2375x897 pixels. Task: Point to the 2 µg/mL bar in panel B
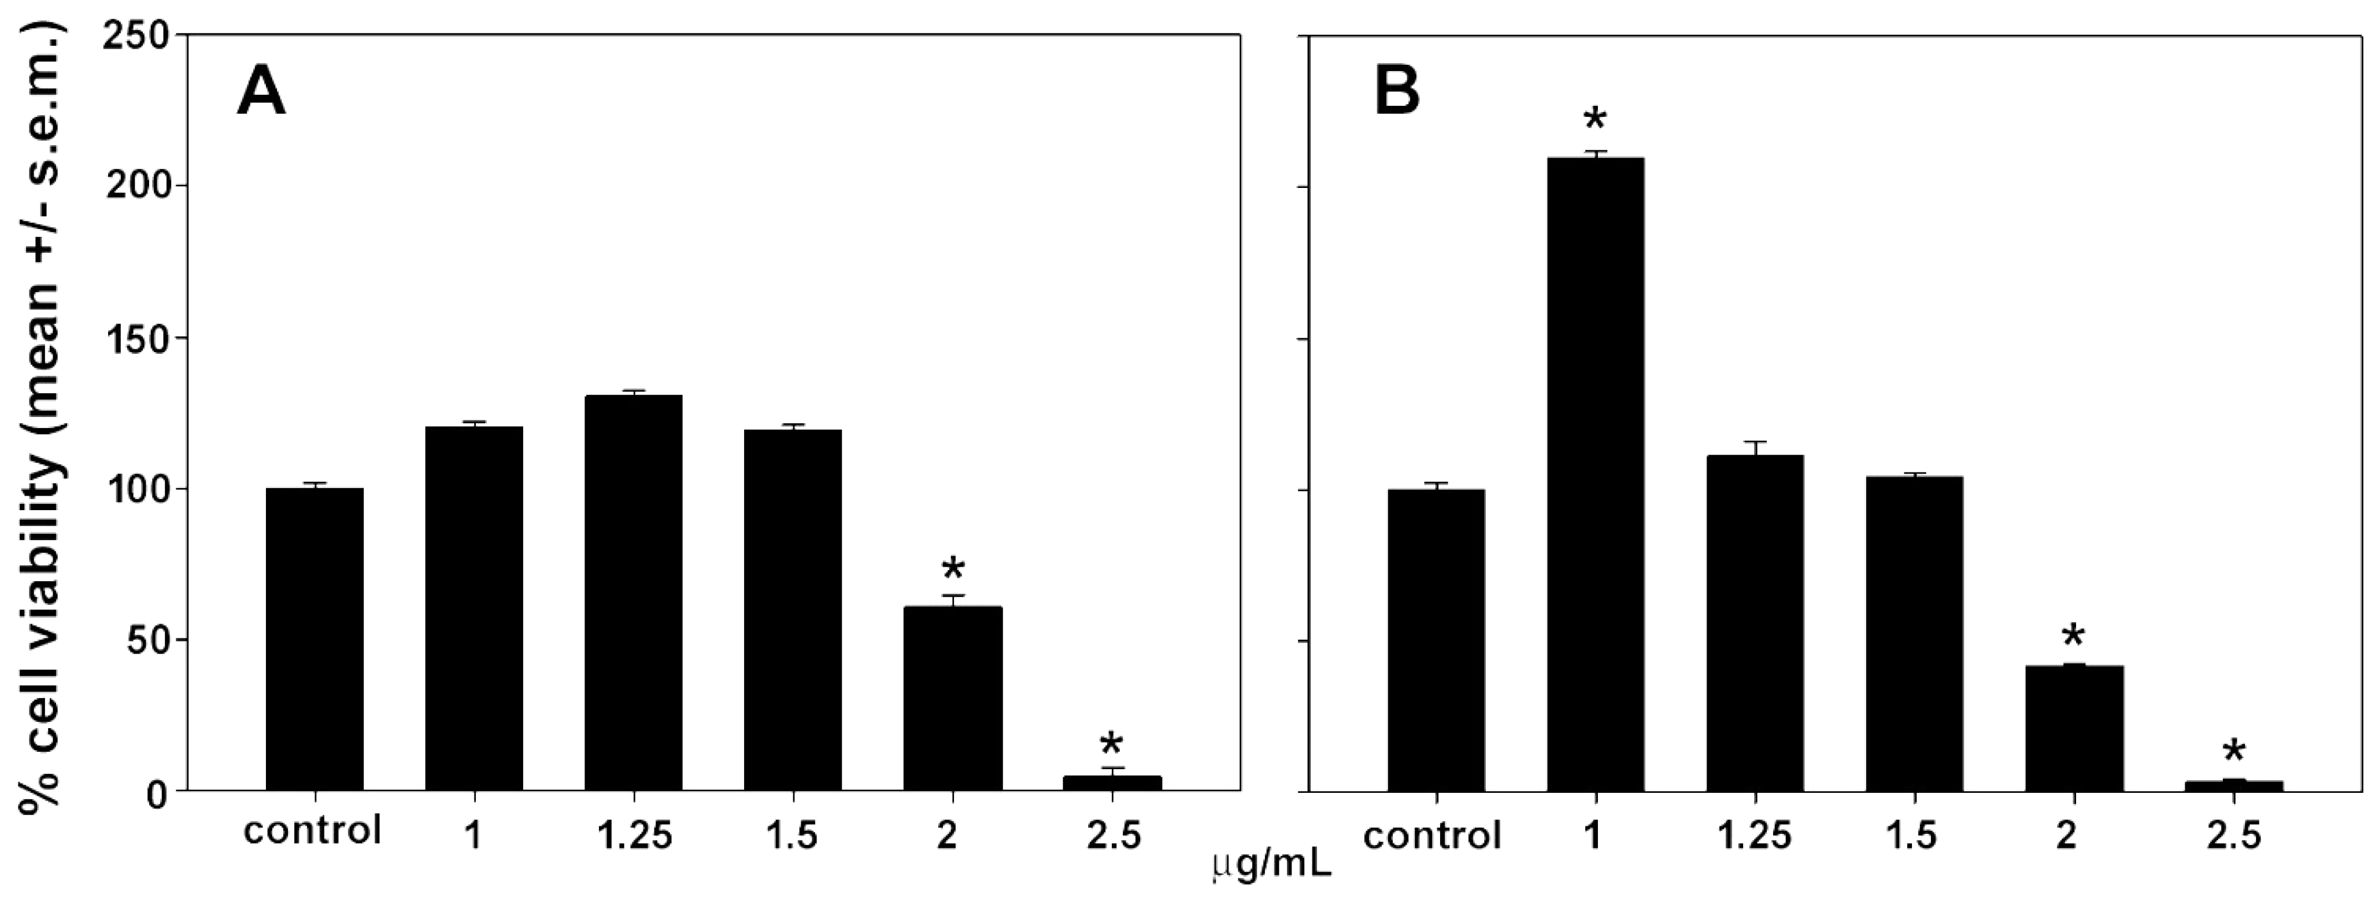(2074, 728)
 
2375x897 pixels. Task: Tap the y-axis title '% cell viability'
(42, 415)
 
